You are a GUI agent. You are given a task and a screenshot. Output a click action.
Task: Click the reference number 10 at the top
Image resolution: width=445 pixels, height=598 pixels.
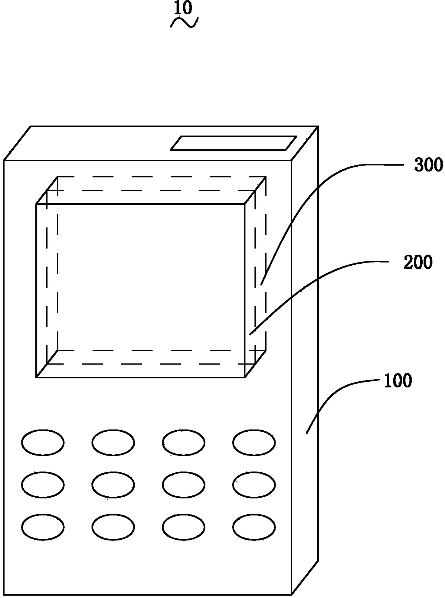click(x=183, y=8)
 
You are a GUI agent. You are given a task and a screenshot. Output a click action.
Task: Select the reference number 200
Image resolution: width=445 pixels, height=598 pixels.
click(x=418, y=263)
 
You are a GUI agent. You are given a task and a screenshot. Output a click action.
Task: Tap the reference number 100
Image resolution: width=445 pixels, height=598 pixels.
click(x=398, y=381)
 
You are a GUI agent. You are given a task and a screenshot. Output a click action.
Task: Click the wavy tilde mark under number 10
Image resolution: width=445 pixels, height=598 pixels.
click(x=184, y=23)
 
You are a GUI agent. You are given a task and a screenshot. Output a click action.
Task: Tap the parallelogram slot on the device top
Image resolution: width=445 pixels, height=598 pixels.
click(x=234, y=143)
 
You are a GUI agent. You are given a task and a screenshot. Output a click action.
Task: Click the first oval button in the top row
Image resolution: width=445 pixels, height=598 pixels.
click(x=43, y=442)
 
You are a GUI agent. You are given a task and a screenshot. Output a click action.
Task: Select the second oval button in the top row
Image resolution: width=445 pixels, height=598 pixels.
click(x=113, y=442)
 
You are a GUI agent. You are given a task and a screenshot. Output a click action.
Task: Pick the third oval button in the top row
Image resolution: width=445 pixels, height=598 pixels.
click(x=184, y=442)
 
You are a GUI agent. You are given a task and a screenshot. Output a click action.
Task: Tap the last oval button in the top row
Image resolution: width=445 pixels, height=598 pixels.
click(x=254, y=442)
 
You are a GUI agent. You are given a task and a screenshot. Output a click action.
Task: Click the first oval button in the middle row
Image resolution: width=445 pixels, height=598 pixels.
click(x=43, y=485)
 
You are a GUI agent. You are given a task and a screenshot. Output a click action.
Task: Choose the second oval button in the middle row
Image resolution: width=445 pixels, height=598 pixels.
click(x=113, y=485)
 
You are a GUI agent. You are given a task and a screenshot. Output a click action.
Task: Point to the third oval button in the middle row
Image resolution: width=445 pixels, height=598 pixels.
click(x=184, y=485)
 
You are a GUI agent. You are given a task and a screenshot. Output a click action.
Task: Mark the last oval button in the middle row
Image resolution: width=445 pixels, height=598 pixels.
click(x=254, y=485)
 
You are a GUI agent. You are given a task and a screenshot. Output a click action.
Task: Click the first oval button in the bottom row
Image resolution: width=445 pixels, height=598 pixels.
click(x=43, y=527)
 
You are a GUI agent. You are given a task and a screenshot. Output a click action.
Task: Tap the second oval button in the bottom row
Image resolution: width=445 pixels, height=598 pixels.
click(x=113, y=527)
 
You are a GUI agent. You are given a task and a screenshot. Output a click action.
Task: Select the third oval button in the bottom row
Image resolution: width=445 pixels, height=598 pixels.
click(x=184, y=527)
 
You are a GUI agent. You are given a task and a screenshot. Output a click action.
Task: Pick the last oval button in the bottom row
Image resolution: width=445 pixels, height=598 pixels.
click(x=254, y=527)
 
